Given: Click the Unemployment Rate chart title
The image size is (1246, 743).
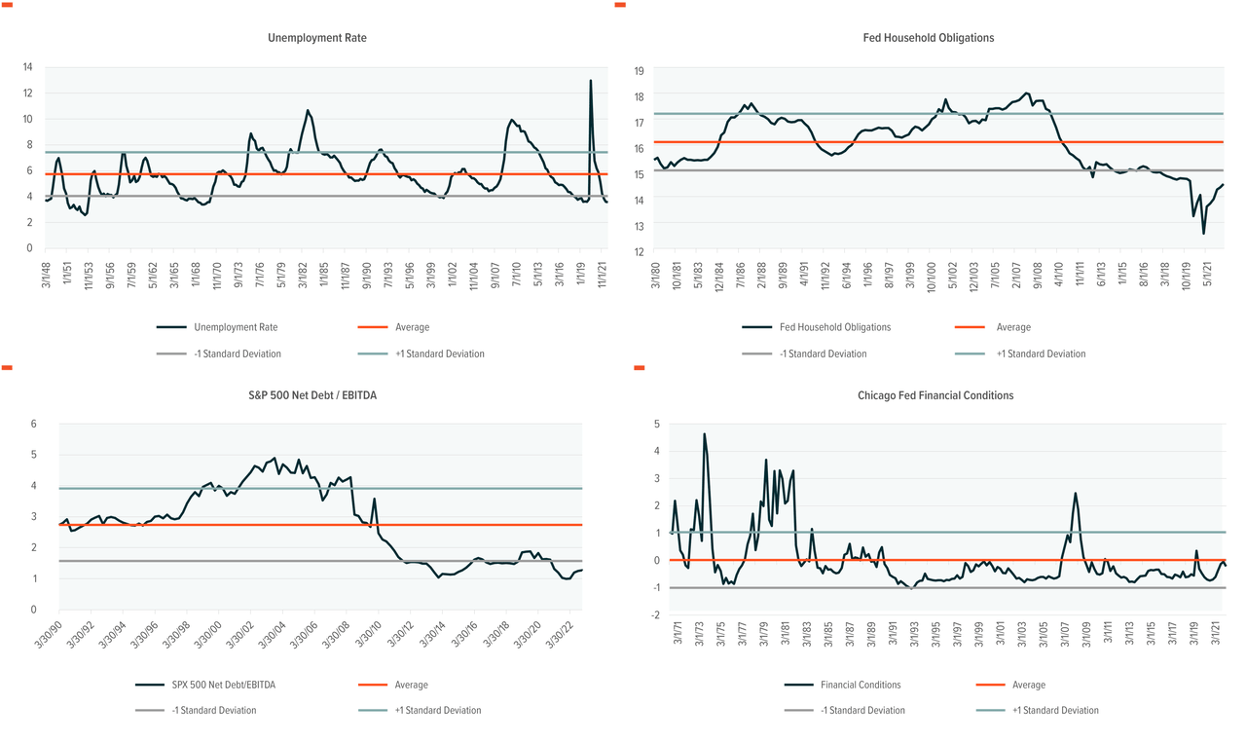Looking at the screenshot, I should coord(317,38).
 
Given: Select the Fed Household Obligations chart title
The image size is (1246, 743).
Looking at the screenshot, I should coord(928,38).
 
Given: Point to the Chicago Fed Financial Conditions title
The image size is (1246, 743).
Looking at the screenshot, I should coord(935,395).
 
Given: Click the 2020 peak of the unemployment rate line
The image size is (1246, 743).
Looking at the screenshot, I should coord(591,81).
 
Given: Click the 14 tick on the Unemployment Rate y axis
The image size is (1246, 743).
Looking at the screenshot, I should coord(28,67).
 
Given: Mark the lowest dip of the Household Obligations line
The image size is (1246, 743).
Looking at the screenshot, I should coord(1204,233).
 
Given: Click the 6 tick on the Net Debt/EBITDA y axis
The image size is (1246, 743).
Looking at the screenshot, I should coord(33,424).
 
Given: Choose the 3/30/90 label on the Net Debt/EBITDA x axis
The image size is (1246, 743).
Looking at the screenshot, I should coord(61,633).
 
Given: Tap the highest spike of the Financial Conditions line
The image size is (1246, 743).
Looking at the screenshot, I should coord(704,434).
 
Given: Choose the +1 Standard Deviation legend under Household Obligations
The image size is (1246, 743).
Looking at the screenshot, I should coord(1041,354).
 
